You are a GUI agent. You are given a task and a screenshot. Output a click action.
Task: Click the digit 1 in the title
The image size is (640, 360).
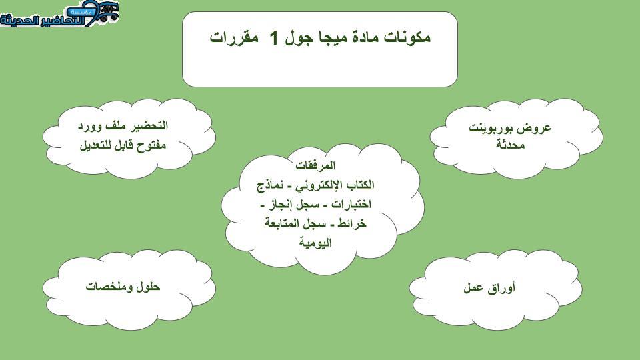(274, 38)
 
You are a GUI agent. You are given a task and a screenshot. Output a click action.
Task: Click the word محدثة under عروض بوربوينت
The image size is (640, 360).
(510, 145)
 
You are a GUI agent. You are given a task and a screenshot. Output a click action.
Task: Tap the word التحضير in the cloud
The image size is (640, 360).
(148, 126)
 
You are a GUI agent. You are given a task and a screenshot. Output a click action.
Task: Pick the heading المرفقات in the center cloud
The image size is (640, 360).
(315, 165)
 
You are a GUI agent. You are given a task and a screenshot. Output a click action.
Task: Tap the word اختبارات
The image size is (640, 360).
(351, 204)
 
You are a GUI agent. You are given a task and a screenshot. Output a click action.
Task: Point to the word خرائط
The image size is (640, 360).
(351, 224)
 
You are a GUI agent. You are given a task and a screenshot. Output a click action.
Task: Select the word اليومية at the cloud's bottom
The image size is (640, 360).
(315, 243)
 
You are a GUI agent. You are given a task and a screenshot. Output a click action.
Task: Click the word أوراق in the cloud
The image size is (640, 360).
(501, 288)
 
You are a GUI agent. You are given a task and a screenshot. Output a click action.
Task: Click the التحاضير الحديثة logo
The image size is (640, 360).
(59, 14)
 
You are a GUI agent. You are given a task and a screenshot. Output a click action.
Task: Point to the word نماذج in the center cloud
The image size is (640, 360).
(270, 185)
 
